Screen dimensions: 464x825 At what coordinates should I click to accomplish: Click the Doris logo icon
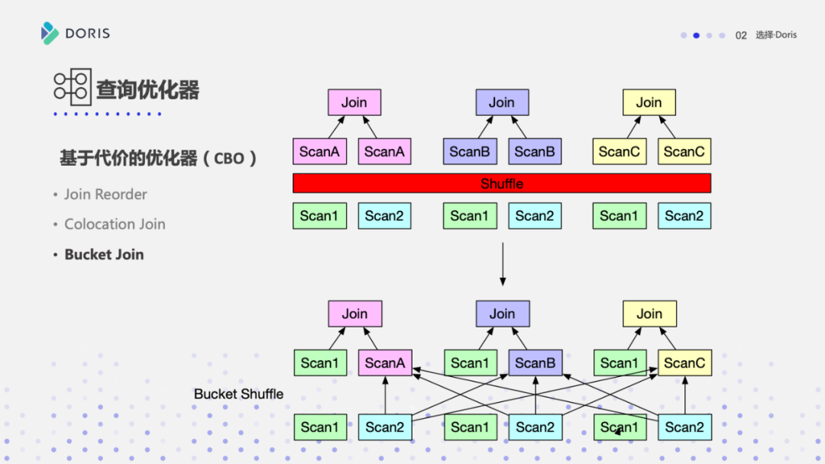point(50,33)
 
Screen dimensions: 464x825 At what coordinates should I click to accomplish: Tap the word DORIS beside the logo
point(87,34)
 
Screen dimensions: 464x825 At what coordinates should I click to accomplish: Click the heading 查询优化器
point(147,90)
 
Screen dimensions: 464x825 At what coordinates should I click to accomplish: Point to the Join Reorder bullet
point(105,195)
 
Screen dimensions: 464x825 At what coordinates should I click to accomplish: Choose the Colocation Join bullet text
point(115,224)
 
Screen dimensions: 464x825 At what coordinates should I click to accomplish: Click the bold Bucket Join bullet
point(104,255)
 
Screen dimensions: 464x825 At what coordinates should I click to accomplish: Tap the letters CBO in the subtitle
point(229,159)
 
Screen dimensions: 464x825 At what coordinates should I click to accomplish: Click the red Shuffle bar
point(502,183)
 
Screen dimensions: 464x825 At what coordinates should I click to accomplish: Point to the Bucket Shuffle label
point(238,394)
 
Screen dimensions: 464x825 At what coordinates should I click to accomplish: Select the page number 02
point(741,35)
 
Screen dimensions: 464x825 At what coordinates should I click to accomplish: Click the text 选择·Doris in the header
point(776,35)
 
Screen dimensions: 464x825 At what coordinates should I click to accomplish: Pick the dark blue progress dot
point(696,35)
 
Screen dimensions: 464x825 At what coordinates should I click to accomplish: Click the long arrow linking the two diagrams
point(502,263)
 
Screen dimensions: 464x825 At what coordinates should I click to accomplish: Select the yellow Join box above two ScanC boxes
point(649,102)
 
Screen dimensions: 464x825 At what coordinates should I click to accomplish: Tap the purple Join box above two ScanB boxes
point(502,102)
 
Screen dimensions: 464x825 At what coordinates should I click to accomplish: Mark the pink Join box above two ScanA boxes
point(354,102)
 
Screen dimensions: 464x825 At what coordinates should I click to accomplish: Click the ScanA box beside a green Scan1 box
point(385,363)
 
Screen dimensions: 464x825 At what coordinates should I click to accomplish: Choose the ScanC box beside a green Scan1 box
point(684,363)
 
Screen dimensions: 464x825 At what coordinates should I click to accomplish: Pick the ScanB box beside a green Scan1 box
point(535,363)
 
